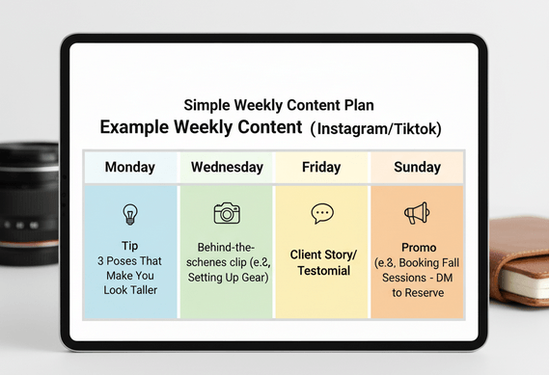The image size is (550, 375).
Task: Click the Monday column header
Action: (x=130, y=167)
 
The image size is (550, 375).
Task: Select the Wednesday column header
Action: (x=227, y=167)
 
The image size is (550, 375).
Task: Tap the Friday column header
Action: (x=321, y=167)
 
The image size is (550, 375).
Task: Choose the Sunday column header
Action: (x=417, y=167)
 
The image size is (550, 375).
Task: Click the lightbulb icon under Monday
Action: (x=130, y=214)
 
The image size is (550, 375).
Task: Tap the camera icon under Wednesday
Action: (x=227, y=213)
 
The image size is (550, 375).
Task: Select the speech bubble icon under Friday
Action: (x=322, y=213)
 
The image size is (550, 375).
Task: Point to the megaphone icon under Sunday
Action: (x=417, y=213)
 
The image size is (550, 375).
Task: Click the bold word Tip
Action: (x=130, y=246)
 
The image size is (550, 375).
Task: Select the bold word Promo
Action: (x=419, y=248)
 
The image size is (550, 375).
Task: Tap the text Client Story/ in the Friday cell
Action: (x=323, y=254)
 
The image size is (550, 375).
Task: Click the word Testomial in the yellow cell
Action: (x=324, y=271)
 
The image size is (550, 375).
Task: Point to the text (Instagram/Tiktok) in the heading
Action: (x=375, y=128)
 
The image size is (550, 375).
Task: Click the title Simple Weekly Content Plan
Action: (x=279, y=105)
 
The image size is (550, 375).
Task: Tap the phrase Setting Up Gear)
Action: (x=228, y=278)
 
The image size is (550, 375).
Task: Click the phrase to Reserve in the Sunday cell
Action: (x=418, y=293)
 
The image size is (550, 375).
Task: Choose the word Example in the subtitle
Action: (x=134, y=127)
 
